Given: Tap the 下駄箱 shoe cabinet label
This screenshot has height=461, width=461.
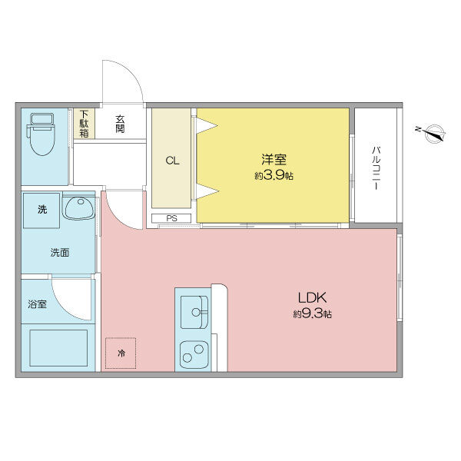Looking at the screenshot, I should pyautogui.click(x=85, y=124).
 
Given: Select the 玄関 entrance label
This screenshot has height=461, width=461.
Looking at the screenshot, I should pyautogui.click(x=120, y=124).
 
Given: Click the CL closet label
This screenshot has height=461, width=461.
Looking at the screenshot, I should pyautogui.click(x=172, y=161).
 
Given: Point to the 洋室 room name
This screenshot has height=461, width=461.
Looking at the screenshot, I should pyautogui.click(x=274, y=160).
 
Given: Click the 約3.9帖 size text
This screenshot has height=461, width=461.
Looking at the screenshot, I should pyautogui.click(x=274, y=176).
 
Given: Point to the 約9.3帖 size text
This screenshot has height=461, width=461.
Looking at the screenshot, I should pyautogui.click(x=312, y=314).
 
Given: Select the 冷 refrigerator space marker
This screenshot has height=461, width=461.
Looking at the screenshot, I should pyautogui.click(x=121, y=353).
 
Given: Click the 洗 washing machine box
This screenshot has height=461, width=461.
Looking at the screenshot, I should pyautogui.click(x=41, y=210).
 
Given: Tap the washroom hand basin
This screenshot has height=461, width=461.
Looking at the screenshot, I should pyautogui.click(x=78, y=208).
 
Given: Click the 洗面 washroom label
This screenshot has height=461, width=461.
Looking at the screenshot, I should pyautogui.click(x=59, y=252).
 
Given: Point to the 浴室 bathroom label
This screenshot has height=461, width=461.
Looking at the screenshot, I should pyautogui.click(x=37, y=304).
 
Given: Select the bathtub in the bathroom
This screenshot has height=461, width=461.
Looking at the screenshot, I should pyautogui.click(x=58, y=348).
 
